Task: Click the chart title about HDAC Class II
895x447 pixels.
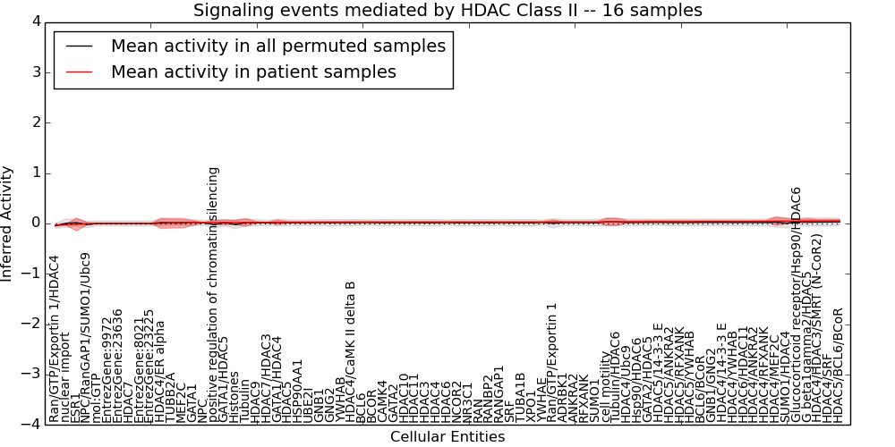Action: point(447,10)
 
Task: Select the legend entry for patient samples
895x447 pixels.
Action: point(253,72)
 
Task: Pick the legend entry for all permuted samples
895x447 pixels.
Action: point(277,46)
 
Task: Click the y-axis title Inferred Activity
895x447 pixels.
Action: point(8,223)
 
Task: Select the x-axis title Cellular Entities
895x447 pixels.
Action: point(447,436)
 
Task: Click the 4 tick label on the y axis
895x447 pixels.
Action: point(34,21)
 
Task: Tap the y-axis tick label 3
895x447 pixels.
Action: point(34,72)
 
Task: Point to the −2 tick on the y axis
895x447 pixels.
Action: point(30,324)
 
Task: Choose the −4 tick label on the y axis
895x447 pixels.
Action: point(30,425)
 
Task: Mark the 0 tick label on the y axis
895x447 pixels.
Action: point(34,223)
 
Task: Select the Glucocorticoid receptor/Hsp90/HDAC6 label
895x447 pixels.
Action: point(796,305)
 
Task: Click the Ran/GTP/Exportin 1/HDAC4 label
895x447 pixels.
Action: point(55,339)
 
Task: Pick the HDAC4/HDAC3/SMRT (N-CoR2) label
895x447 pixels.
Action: point(816,328)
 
